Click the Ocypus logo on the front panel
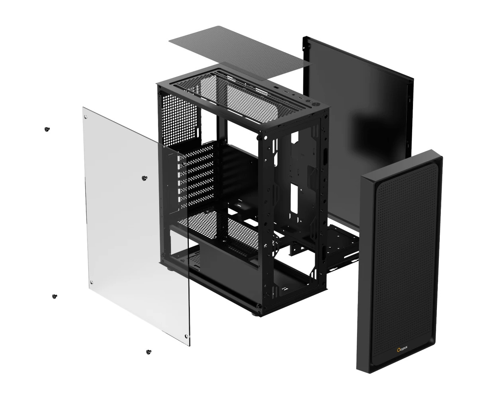(402, 348)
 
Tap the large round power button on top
(316, 105)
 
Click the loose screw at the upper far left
(47, 129)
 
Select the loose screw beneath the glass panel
(149, 352)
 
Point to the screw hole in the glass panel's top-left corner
(86, 117)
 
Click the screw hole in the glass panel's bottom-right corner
(186, 336)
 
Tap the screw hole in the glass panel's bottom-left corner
(91, 282)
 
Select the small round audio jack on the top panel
(294, 95)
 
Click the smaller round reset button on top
(308, 101)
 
